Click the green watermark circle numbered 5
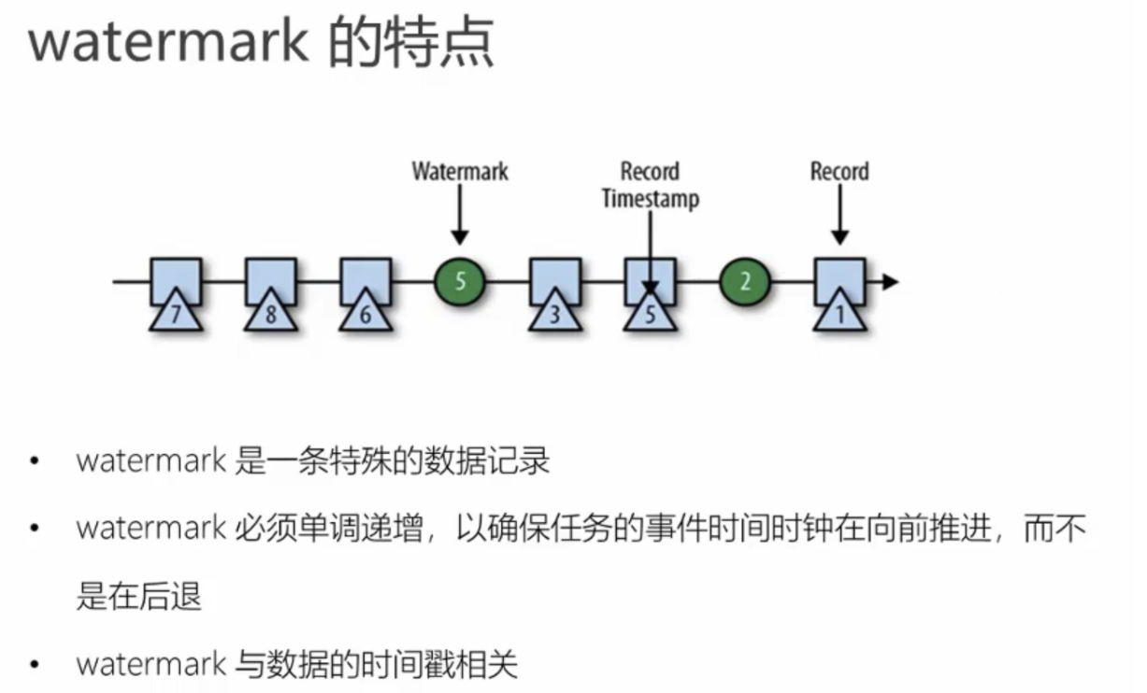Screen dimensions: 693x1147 pos(460,281)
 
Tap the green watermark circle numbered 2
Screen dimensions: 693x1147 pos(744,281)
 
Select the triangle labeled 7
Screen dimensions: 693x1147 pos(176,312)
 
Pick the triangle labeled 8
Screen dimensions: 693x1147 pos(271,312)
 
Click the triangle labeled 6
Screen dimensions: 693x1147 pos(366,312)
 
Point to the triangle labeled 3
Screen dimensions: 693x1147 pos(555,312)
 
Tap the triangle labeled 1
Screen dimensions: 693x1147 pos(839,312)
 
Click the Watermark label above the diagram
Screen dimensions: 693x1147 pos(460,172)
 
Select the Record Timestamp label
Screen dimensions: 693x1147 pos(651,185)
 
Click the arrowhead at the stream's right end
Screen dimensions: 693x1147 pos(889,281)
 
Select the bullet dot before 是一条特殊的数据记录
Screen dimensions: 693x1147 pos(35,462)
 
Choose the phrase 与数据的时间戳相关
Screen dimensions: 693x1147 pos(375,664)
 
